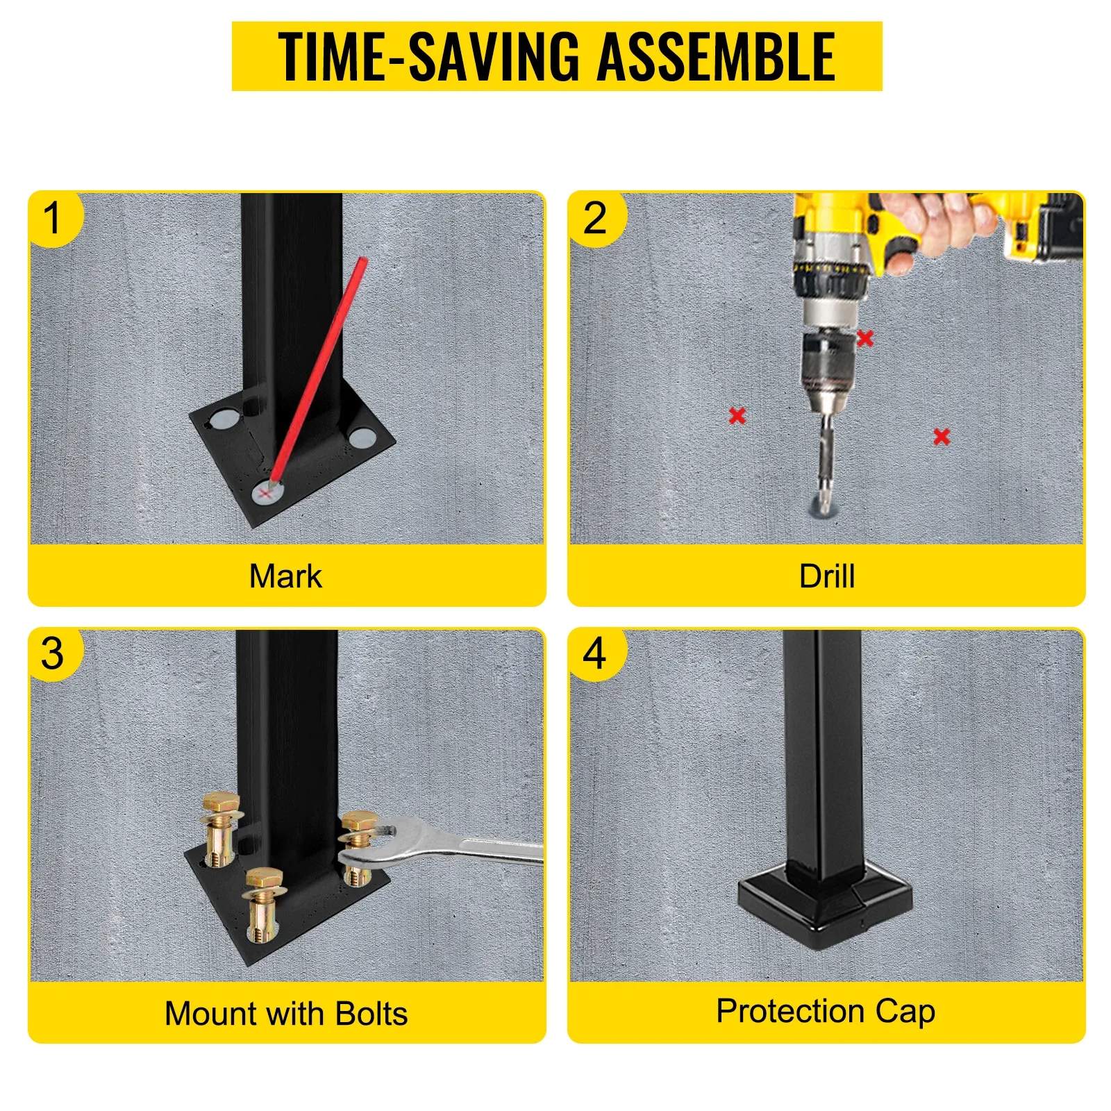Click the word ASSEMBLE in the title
click(x=716, y=56)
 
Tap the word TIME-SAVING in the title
click(x=428, y=56)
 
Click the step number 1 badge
click(x=54, y=218)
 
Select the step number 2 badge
click(x=596, y=218)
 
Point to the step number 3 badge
click(x=53, y=654)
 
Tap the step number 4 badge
click(x=596, y=654)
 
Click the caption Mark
click(x=285, y=576)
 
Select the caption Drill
click(x=827, y=576)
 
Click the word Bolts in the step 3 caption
click(x=371, y=1014)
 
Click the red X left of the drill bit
click(x=737, y=416)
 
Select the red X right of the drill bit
click(x=942, y=437)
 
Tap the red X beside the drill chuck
click(x=865, y=338)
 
